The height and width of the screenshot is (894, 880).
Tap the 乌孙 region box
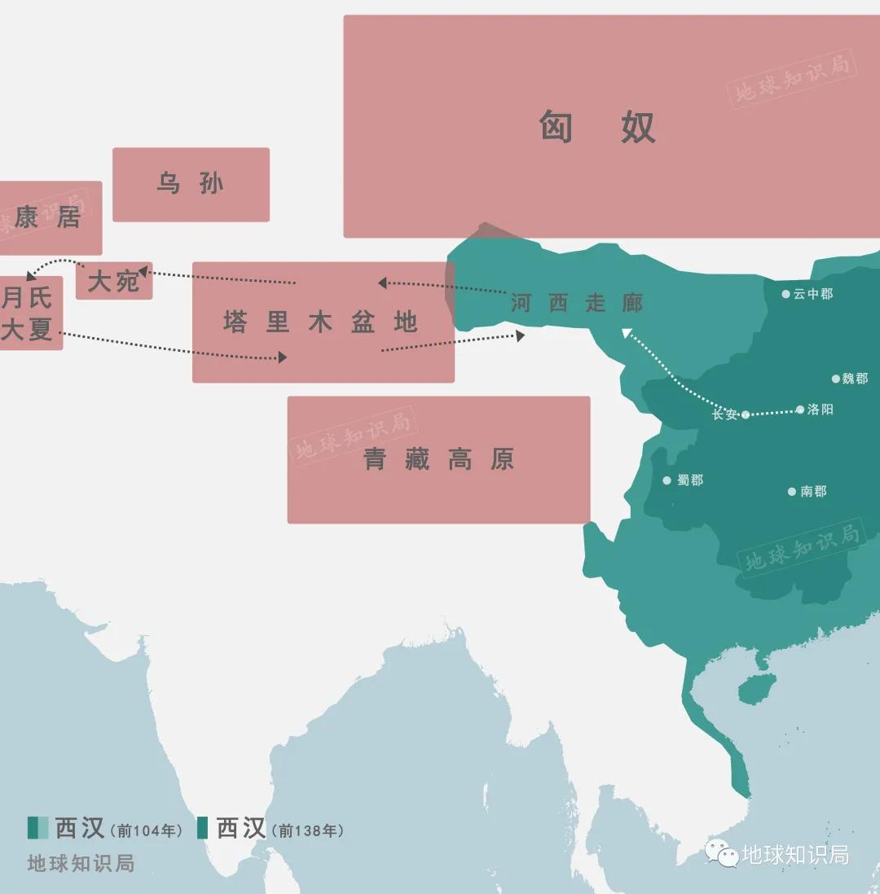point(191,184)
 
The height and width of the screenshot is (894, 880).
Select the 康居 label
point(47,217)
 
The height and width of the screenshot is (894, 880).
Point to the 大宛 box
point(114,281)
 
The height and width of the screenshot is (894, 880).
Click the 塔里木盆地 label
point(321,322)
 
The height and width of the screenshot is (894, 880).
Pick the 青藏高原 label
point(438,460)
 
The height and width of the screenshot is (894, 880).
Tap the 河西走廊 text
point(577,304)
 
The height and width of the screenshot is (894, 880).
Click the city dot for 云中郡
point(786,294)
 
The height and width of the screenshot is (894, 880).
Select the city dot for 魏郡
point(836,379)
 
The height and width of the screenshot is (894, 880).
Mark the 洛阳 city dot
point(800,410)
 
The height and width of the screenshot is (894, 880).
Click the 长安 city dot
point(746,414)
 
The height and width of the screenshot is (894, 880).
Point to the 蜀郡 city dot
point(667,480)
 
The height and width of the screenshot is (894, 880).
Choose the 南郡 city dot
point(791,491)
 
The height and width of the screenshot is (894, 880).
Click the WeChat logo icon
point(722,853)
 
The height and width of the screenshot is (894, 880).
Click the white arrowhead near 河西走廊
point(626,331)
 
